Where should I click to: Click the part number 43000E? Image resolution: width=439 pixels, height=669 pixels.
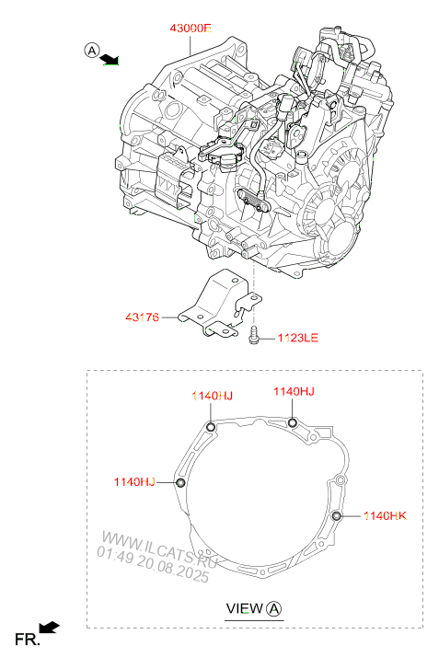coord(191,29)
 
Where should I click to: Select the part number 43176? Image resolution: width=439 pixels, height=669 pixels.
coord(142,317)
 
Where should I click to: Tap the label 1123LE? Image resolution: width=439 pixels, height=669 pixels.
coord(298,338)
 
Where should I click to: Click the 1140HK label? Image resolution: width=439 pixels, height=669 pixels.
coord(385,516)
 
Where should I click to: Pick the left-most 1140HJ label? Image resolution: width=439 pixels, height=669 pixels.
coord(134,481)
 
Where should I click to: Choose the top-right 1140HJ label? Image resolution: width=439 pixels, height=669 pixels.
coord(294,391)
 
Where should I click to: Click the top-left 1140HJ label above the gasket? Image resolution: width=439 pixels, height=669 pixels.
coord(212,396)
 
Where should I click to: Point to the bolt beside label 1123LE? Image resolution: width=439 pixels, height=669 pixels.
coord(253,334)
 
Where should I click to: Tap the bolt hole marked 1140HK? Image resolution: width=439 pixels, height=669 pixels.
coord(337,516)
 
